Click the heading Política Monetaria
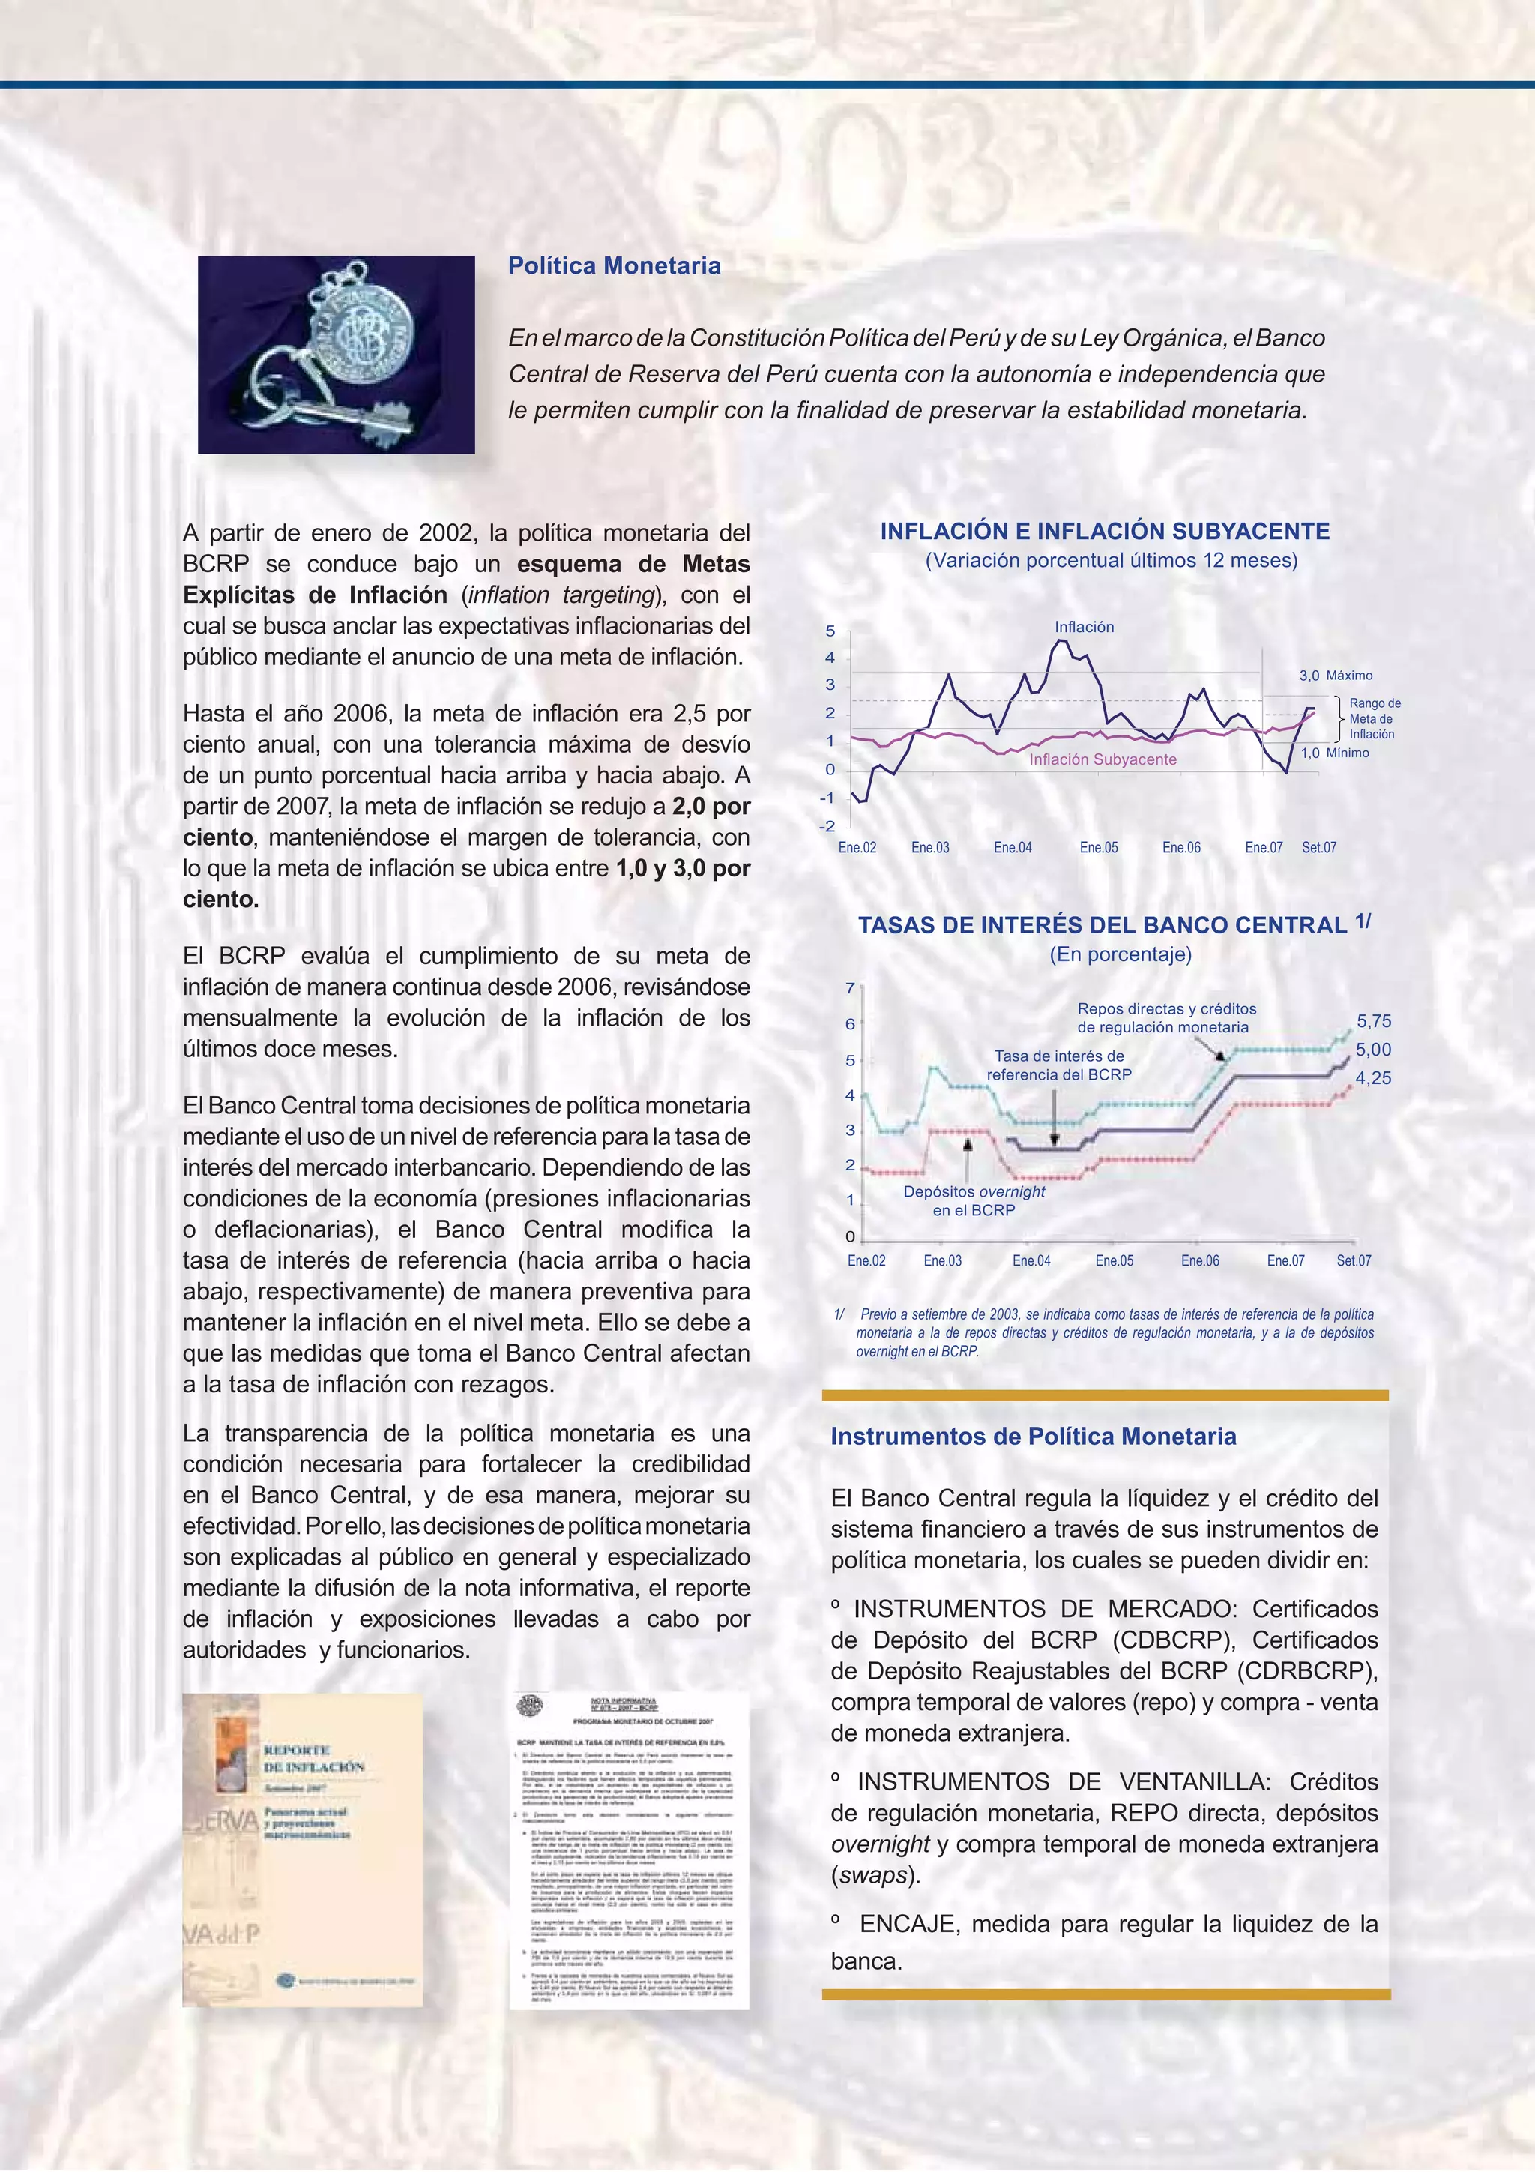[x=614, y=266]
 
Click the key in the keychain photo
[x=368, y=415]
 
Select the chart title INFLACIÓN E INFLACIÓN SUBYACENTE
[x=1105, y=532]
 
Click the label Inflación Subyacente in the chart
[x=1103, y=759]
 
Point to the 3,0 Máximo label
[x=1336, y=676]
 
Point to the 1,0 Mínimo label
[x=1334, y=753]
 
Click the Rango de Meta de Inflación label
[x=1374, y=719]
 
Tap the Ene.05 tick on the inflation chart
[x=1098, y=848]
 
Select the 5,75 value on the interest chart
[x=1374, y=1020]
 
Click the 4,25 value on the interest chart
[x=1373, y=1077]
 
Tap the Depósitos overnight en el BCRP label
[x=974, y=1200]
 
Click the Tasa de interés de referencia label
[x=1058, y=1065]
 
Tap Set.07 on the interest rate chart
[x=1354, y=1260]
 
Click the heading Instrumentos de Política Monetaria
[x=1033, y=1436]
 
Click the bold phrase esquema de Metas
[x=633, y=564]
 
